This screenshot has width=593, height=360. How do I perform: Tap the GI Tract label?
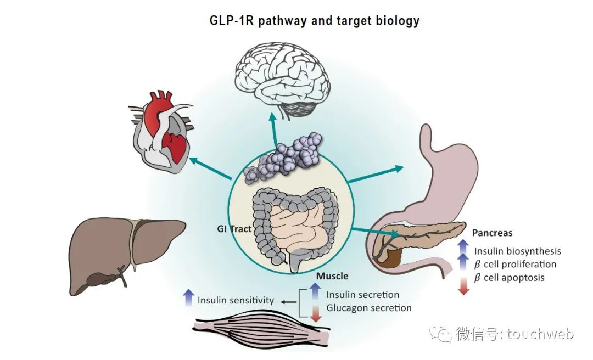click(233, 229)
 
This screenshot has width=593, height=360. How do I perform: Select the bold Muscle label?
click(332, 276)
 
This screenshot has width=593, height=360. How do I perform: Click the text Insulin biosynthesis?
click(518, 251)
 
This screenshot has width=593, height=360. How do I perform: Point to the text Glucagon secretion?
click(368, 308)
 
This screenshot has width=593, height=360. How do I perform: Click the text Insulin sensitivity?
click(236, 300)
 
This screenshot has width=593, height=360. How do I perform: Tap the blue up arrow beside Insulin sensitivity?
click(188, 297)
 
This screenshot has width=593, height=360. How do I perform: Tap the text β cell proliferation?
click(516, 264)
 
